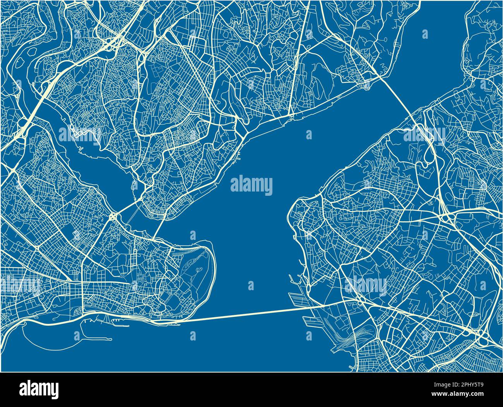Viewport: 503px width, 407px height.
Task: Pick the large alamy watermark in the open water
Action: coord(251,185)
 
